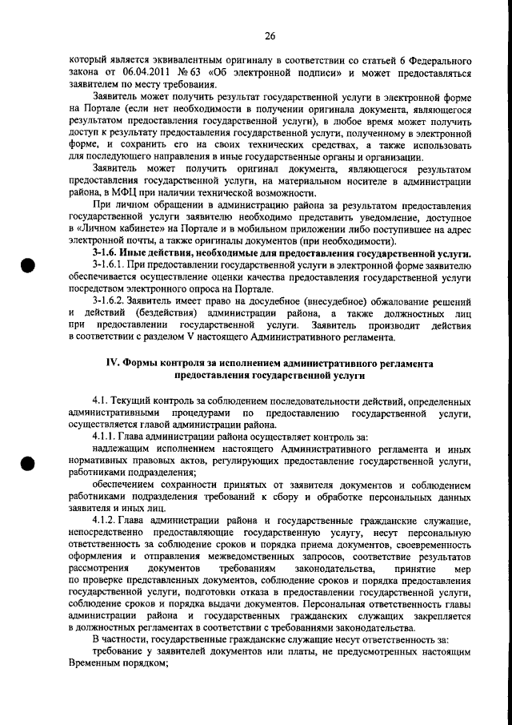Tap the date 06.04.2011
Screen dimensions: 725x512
pyautogui.click(x=145, y=73)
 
